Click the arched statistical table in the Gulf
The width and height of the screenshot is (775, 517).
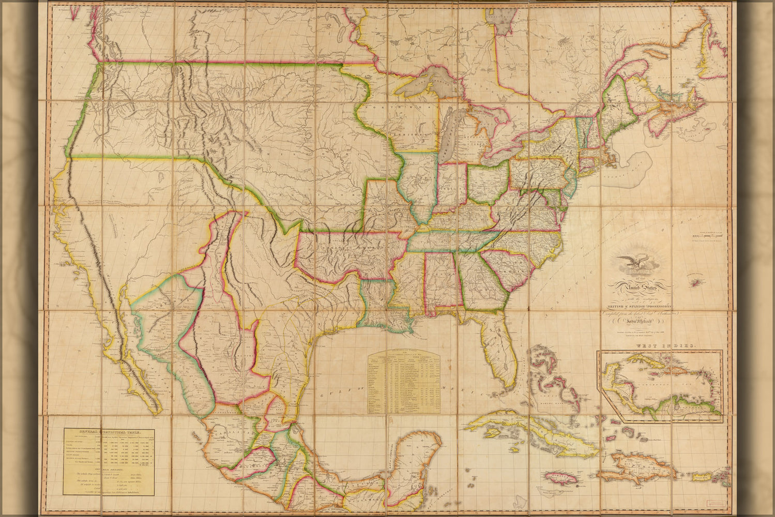[404, 383]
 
